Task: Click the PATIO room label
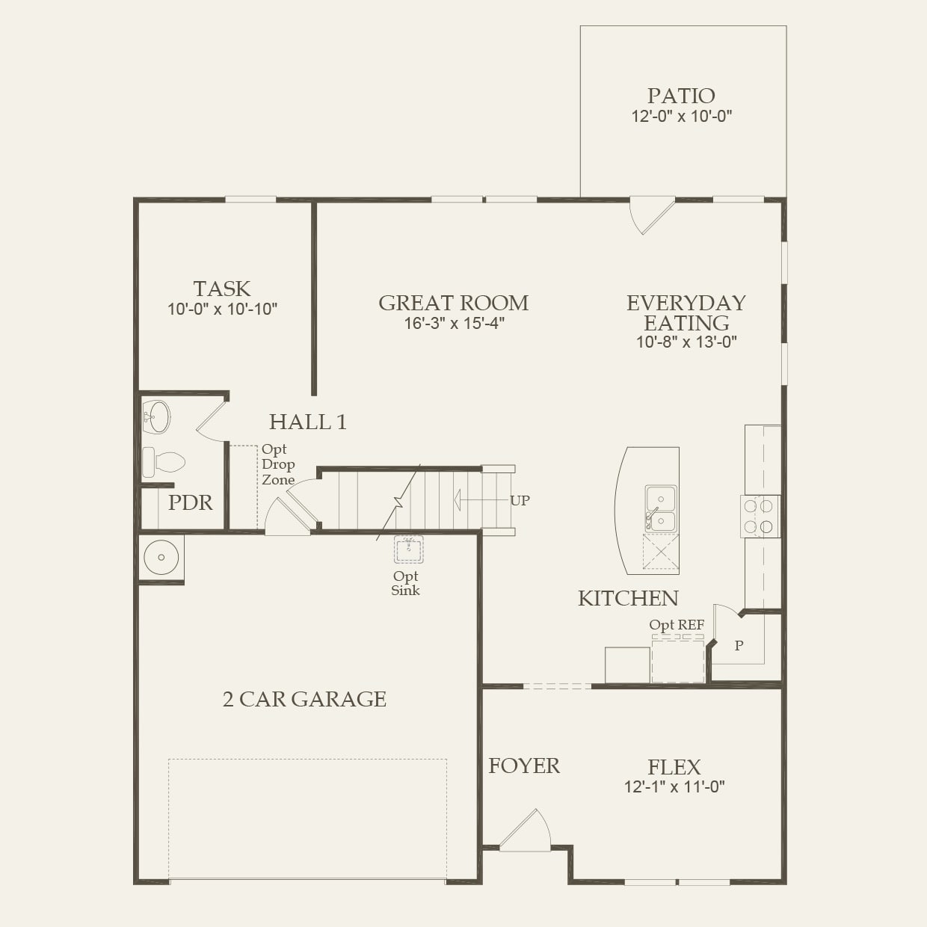click(681, 96)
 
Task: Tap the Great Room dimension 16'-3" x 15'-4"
click(454, 324)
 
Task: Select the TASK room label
click(222, 289)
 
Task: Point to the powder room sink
click(157, 417)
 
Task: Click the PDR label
click(190, 502)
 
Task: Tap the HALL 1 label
click(307, 422)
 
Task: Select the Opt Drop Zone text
click(277, 464)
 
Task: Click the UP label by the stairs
click(520, 500)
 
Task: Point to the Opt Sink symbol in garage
click(408, 549)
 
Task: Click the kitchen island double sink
click(660, 508)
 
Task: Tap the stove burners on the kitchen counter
click(758, 517)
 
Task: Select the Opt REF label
click(676, 625)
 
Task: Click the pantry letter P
click(739, 646)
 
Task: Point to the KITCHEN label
click(628, 598)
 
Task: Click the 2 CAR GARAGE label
click(304, 699)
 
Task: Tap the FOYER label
click(523, 766)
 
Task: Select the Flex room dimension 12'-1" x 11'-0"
click(674, 786)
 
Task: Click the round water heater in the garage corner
click(161, 557)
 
